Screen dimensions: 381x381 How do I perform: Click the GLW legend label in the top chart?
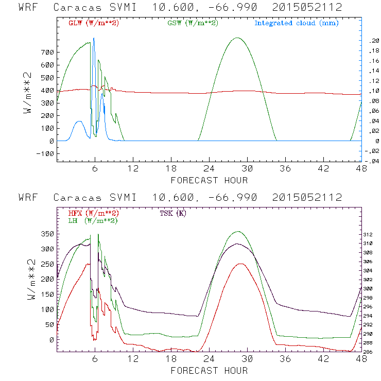[x=93, y=23]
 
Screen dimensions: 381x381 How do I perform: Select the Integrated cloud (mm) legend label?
[x=296, y=23]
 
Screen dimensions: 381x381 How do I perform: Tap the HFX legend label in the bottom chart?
[x=93, y=213]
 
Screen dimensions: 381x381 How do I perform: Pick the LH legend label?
[x=93, y=220]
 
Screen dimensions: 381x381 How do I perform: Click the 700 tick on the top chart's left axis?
[x=47, y=53]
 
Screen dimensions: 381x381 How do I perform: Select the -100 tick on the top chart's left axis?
[x=45, y=153]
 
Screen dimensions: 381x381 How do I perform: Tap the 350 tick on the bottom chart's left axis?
[x=47, y=234]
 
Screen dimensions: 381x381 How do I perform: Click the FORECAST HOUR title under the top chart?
[x=209, y=180]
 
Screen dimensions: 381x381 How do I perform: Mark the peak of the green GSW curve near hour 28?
[x=237, y=38]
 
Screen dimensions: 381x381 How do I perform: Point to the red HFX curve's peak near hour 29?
[x=240, y=264]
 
